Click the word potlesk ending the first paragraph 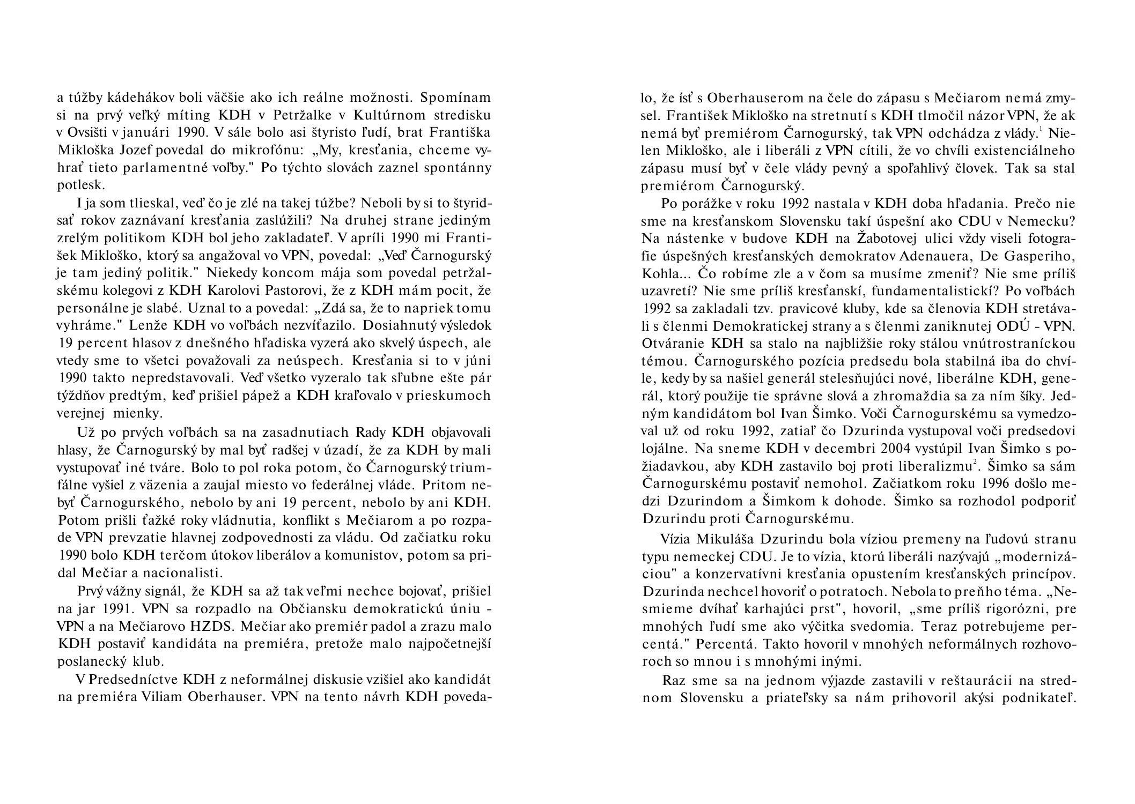(80, 186)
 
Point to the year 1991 (114, 609)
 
